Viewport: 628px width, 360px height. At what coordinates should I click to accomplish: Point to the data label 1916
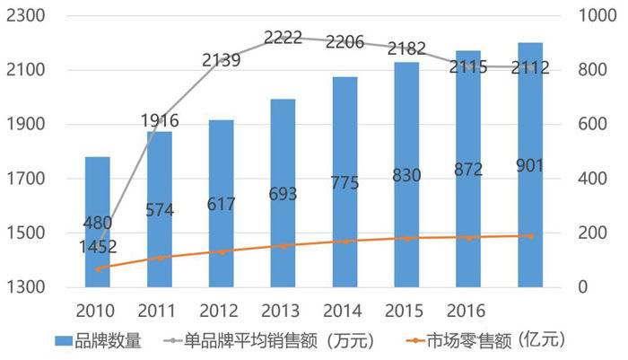pyautogui.click(x=161, y=120)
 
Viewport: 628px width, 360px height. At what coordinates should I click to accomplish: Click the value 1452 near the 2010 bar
pyautogui.click(x=99, y=245)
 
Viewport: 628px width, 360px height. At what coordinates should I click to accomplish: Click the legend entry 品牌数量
pyautogui.click(x=99, y=342)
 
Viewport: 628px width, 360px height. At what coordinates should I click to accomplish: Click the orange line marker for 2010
pyautogui.click(x=98, y=268)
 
